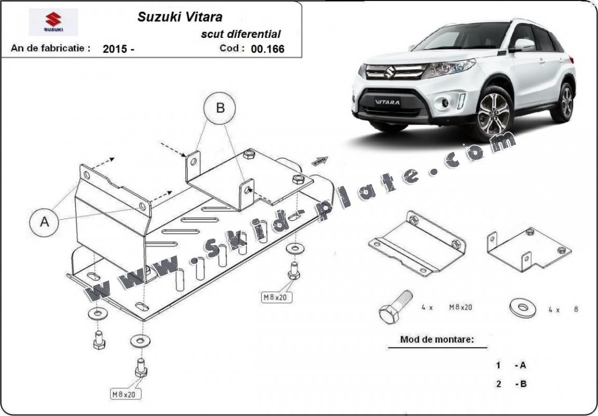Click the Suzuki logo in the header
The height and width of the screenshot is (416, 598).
point(53,22)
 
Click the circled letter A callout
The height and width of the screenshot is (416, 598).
point(45,222)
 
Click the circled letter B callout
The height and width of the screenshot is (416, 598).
point(220,108)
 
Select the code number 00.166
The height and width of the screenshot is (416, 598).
point(267,49)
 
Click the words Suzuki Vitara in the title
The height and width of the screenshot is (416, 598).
point(180,17)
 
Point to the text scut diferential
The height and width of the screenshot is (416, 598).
point(241,34)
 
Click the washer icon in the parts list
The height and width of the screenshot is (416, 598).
point(522,308)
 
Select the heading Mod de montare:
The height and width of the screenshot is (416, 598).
point(437,340)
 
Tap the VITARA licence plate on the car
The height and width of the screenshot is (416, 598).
point(388,102)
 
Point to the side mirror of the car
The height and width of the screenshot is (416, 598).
point(523,45)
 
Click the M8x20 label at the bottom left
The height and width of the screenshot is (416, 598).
point(124,394)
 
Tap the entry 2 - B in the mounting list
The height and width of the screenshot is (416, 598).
point(511,384)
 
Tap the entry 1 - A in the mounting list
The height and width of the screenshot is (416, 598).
point(511,365)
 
